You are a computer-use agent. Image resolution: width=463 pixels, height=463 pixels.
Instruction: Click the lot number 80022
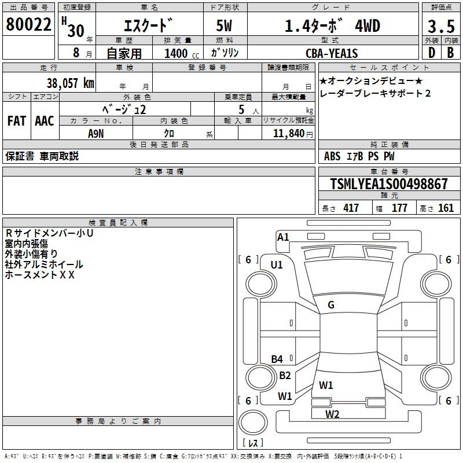point(28,24)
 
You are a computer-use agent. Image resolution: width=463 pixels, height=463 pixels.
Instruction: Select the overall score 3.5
point(441,26)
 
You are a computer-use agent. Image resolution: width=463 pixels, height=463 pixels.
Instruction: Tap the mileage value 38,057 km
point(71,83)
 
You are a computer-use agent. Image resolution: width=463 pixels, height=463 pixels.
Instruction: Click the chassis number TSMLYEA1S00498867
point(389,183)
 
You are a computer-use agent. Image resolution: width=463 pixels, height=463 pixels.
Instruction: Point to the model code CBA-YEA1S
point(332,53)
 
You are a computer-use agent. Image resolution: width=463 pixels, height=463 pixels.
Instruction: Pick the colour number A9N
point(96,134)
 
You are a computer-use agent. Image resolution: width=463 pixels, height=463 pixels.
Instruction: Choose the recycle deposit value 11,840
point(289,134)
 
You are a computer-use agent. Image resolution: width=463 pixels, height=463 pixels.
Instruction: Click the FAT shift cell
point(17,121)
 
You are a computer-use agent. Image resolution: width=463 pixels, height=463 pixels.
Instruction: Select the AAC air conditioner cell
point(45,121)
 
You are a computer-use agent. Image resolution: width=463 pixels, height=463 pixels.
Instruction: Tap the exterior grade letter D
point(432,53)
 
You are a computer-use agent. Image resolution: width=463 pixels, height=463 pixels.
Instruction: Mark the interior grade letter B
point(450,53)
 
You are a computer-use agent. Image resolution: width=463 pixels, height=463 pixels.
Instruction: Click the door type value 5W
point(224,25)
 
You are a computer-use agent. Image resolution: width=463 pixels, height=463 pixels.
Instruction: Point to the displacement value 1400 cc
point(182,53)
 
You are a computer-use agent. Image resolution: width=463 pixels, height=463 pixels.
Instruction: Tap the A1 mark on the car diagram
point(283,237)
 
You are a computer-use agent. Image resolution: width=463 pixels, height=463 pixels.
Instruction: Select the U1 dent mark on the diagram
point(277,265)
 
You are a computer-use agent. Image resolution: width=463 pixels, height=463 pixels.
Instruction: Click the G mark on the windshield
point(331,305)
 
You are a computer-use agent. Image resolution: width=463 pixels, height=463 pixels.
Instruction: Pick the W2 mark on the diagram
point(332,414)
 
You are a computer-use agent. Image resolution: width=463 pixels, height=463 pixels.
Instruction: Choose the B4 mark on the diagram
point(277,359)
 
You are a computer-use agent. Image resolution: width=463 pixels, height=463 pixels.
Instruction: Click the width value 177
point(399,208)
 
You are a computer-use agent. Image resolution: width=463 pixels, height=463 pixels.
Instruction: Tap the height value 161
point(446,208)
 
